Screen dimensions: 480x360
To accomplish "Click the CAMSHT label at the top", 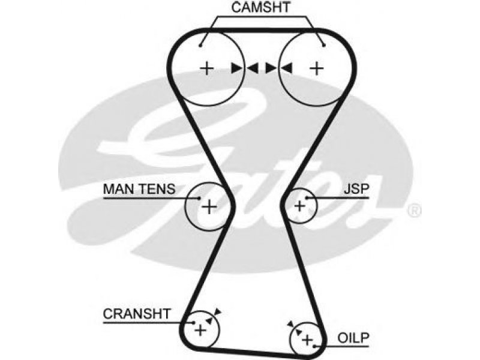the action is point(260,7).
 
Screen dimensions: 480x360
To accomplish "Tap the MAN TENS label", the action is point(139,189).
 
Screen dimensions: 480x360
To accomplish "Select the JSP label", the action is point(356,189).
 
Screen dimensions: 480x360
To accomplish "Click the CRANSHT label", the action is point(137,314).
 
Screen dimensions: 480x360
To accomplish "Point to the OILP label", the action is point(353,338).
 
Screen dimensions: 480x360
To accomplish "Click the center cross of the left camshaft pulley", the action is point(206,68).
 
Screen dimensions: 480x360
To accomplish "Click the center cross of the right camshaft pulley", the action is point(317,68).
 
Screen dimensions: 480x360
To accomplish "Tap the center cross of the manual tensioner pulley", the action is point(209,206).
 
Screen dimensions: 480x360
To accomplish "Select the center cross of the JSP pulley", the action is point(299,206).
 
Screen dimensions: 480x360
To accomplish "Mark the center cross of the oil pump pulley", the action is point(307,340).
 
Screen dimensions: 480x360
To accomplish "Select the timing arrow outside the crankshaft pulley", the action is point(218,311).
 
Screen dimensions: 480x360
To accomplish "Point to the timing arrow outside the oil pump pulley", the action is point(290,324).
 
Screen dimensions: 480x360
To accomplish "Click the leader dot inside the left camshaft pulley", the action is point(200,46).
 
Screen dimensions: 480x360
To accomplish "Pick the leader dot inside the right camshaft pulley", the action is point(324,46).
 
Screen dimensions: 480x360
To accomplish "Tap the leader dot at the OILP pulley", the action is point(315,347).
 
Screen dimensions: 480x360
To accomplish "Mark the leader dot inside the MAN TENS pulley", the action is point(199,198).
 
